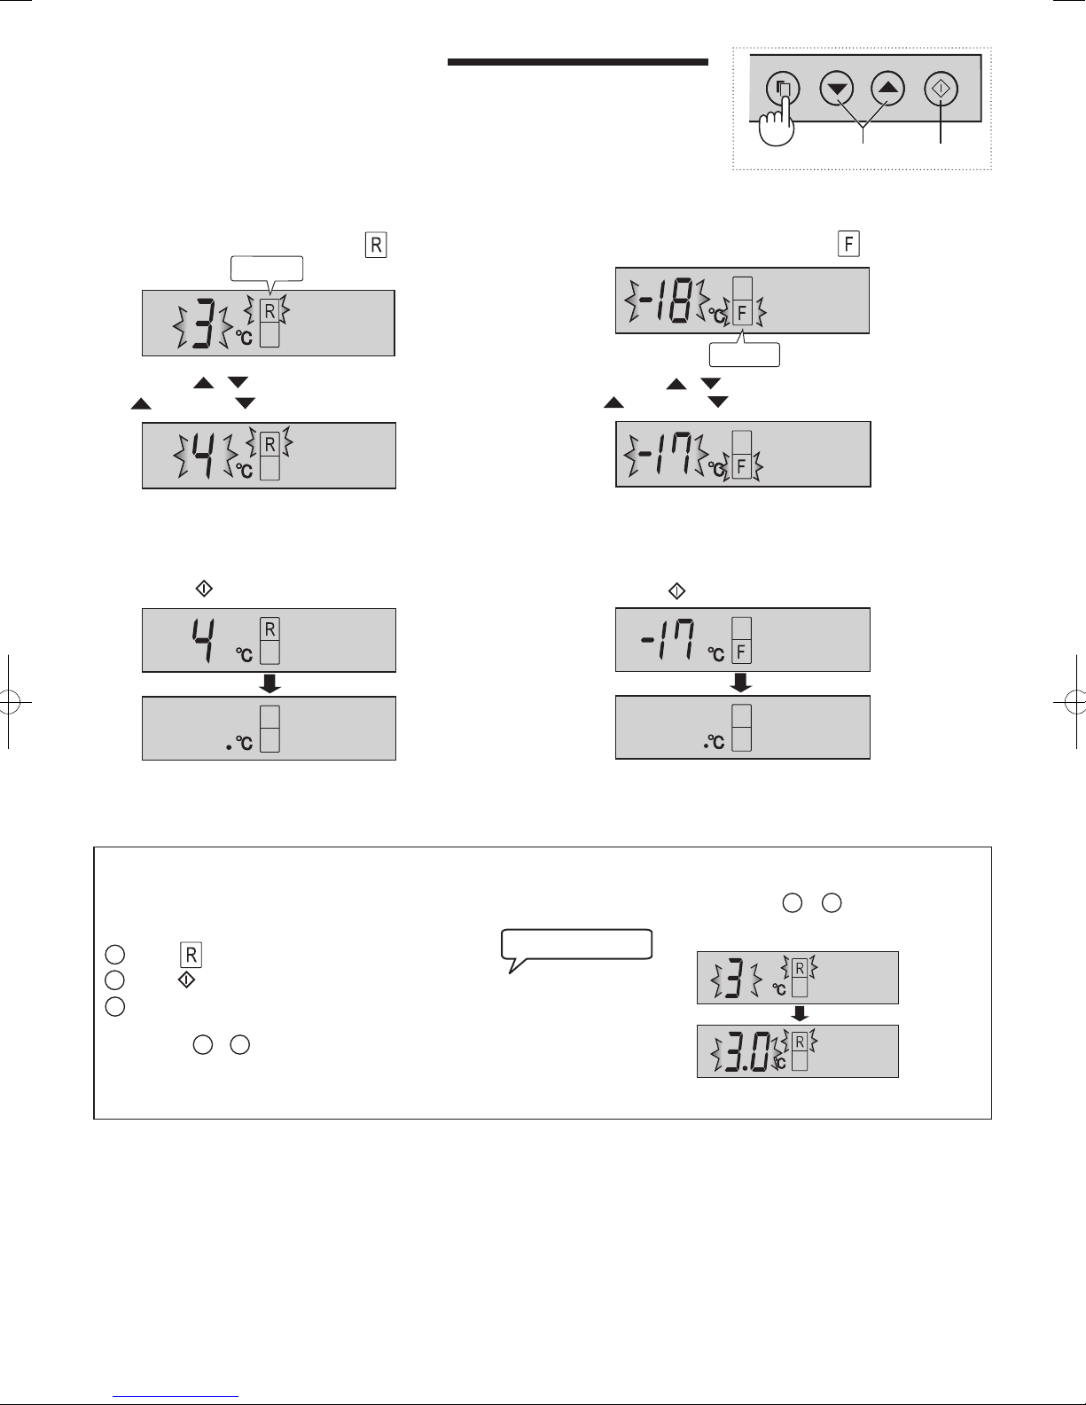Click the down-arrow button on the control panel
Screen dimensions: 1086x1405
point(837,88)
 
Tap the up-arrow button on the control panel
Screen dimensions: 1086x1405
point(888,88)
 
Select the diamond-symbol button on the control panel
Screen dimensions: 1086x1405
point(941,89)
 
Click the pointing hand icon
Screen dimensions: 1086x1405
point(777,114)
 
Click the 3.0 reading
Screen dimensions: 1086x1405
point(747,1052)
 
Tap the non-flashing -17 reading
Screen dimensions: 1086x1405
point(668,639)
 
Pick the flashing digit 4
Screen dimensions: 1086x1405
point(202,456)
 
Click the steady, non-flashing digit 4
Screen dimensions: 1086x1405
point(204,640)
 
